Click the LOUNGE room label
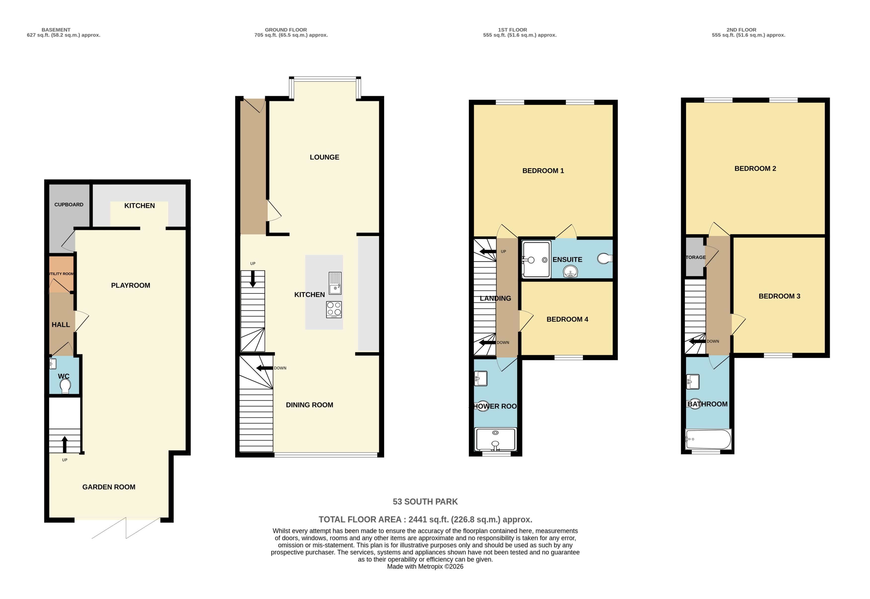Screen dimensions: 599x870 (x=324, y=157)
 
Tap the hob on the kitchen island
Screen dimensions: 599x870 (x=334, y=310)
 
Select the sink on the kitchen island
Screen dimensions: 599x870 (x=335, y=283)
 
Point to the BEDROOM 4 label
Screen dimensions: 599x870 (x=567, y=319)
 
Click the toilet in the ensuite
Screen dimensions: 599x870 (x=604, y=258)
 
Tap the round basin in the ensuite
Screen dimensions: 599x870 (x=570, y=271)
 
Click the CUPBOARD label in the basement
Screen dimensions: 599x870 (x=69, y=205)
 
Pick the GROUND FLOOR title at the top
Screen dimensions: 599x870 (x=286, y=30)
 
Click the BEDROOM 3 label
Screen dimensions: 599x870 (x=779, y=296)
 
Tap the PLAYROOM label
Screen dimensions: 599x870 (x=130, y=285)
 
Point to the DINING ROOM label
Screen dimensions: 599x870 (x=309, y=405)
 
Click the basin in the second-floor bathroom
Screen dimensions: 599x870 (x=693, y=382)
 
